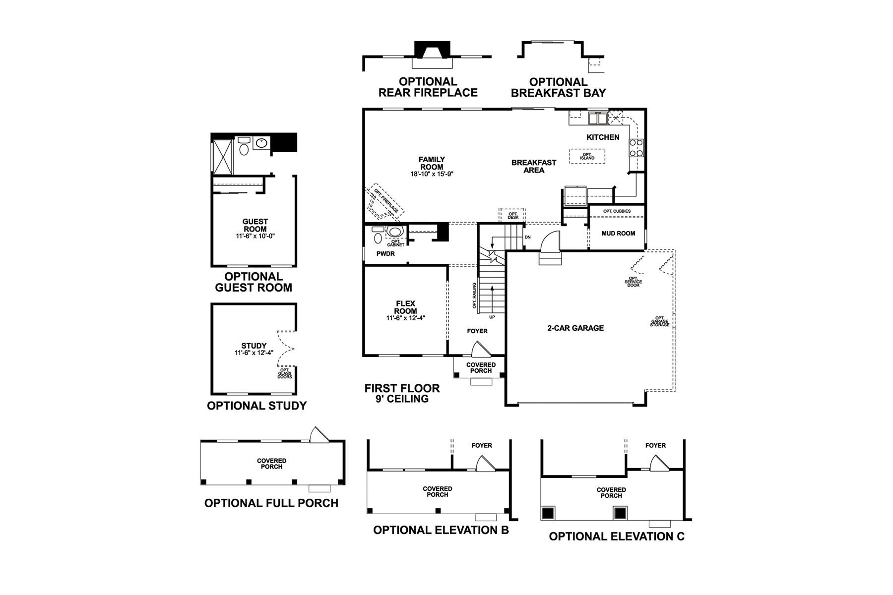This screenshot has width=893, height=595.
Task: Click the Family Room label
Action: click(x=432, y=163)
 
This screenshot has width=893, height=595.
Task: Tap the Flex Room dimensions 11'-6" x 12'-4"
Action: click(x=406, y=318)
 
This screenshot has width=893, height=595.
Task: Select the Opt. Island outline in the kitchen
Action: click(x=587, y=156)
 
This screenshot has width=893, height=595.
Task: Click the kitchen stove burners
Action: click(x=636, y=148)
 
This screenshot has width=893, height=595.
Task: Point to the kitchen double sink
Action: click(x=597, y=118)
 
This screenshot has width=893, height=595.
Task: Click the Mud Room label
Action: click(x=618, y=234)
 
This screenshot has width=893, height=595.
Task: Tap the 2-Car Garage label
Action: click(x=575, y=328)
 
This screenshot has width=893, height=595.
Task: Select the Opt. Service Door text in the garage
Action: click(x=634, y=282)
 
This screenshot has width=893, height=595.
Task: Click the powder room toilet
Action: click(x=379, y=238)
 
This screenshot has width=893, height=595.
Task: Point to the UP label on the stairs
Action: click(x=492, y=317)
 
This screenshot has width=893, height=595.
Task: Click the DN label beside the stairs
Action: click(x=527, y=238)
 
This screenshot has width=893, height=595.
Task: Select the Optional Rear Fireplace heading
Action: click(x=428, y=87)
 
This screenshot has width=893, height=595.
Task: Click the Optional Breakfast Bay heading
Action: click(x=558, y=88)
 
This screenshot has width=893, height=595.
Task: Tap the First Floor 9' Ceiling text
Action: click(x=402, y=393)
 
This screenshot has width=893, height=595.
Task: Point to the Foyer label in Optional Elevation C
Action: click(x=655, y=446)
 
